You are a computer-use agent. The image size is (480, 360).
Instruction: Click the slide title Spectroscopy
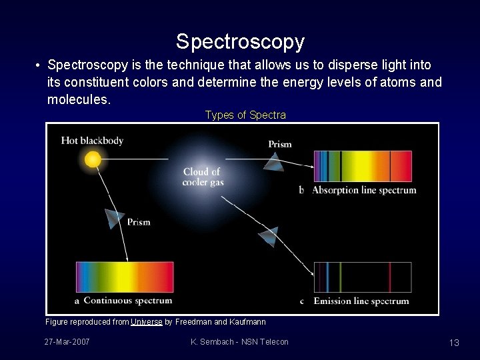(240, 42)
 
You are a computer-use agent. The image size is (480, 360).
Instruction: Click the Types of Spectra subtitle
(245, 115)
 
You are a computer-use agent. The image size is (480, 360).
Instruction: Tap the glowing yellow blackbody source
(93, 159)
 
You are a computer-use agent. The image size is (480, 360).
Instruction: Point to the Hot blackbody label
(92, 140)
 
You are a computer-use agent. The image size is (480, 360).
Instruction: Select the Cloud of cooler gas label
(203, 177)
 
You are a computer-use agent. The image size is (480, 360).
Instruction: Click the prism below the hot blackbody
(115, 218)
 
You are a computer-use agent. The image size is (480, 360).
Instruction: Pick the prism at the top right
(273, 161)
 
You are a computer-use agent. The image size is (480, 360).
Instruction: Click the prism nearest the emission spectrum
(269, 235)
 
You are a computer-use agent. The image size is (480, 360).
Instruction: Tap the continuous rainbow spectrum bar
(125, 277)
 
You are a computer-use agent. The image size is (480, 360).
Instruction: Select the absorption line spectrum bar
(363, 166)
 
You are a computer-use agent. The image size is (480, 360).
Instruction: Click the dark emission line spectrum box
(363, 277)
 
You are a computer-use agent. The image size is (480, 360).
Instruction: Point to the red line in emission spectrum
(390, 277)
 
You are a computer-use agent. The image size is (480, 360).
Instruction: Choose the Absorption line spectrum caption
(364, 190)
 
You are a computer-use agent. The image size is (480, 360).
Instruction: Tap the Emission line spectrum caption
(361, 301)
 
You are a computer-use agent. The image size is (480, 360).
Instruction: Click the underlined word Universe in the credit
(147, 322)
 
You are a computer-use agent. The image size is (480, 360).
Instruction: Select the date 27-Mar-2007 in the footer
(67, 342)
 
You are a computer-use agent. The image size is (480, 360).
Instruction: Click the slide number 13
(454, 343)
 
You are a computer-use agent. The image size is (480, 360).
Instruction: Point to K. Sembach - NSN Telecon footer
(239, 342)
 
